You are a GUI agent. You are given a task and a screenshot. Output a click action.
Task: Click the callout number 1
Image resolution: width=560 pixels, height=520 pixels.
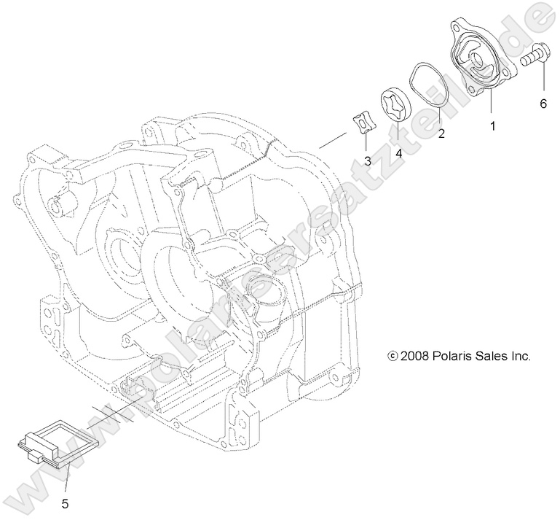(x=492, y=126)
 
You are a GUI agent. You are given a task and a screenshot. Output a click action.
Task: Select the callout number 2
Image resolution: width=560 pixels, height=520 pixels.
(x=441, y=133)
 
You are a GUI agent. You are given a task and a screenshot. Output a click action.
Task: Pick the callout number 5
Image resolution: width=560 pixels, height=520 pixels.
(x=65, y=502)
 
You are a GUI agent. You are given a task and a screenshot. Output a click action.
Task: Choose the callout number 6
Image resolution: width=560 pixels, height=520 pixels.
(x=543, y=104)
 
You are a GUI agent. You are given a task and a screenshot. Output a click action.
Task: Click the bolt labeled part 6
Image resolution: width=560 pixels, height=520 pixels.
(x=535, y=55)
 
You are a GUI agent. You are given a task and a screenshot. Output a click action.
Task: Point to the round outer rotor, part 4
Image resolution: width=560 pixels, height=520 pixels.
(x=396, y=104)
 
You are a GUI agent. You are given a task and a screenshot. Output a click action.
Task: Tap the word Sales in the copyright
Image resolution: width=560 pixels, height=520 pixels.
(x=497, y=357)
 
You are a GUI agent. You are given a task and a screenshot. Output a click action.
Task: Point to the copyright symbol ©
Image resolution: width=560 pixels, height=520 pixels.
(x=394, y=357)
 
